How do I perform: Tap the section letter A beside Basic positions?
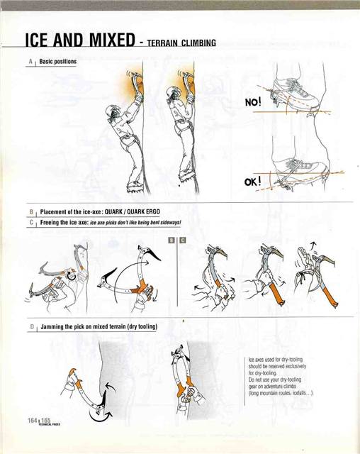pos(31,62)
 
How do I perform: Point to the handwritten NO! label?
pos(253,102)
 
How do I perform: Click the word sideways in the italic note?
pos(167,223)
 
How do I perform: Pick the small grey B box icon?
pos(172,240)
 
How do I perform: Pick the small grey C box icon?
pos(181,240)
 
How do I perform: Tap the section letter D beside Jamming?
pos(31,328)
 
